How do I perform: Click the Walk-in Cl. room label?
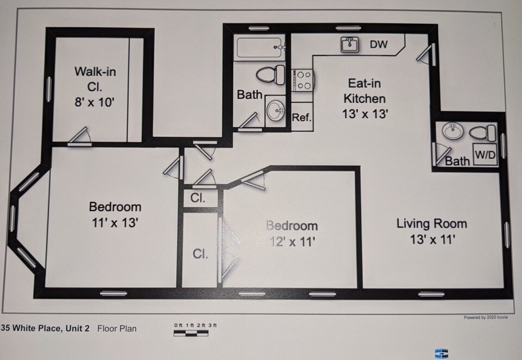pos(95,86)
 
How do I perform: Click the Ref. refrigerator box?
pos(301,117)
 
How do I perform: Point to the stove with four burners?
pos(303,80)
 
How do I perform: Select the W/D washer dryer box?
pos(485,154)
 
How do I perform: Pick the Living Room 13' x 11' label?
pos(431,231)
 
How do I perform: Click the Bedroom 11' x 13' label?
pos(115,214)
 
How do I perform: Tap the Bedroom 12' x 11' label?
pos(291,233)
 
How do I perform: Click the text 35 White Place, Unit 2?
pos(46,328)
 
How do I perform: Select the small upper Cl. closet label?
pos(198,198)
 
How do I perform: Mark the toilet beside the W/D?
pos(482,132)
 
